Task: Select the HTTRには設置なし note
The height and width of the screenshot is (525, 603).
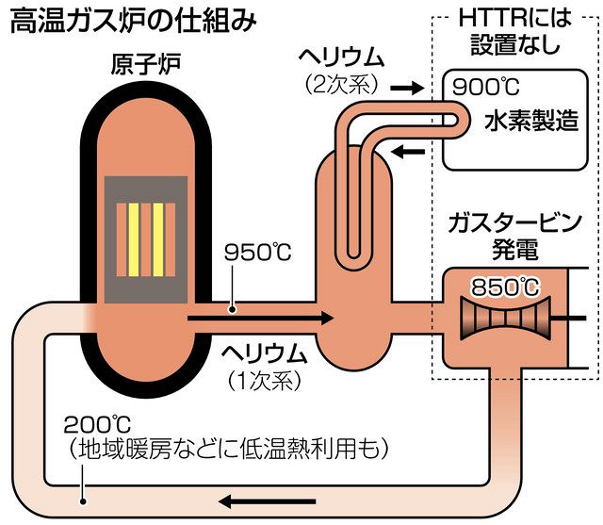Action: [x=519, y=32]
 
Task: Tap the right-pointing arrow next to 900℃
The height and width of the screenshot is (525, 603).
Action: [x=404, y=88]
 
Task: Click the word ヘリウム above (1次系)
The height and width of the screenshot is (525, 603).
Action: [x=265, y=354]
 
